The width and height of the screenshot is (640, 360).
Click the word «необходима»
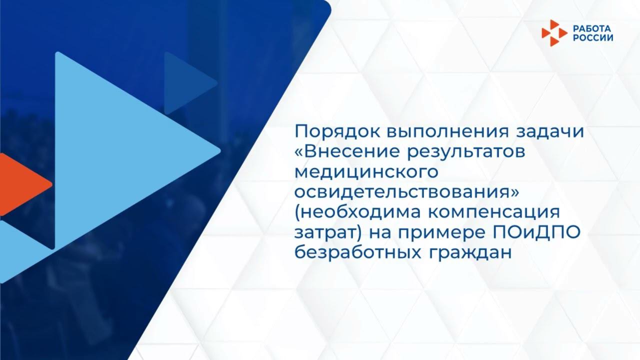[358, 212]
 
